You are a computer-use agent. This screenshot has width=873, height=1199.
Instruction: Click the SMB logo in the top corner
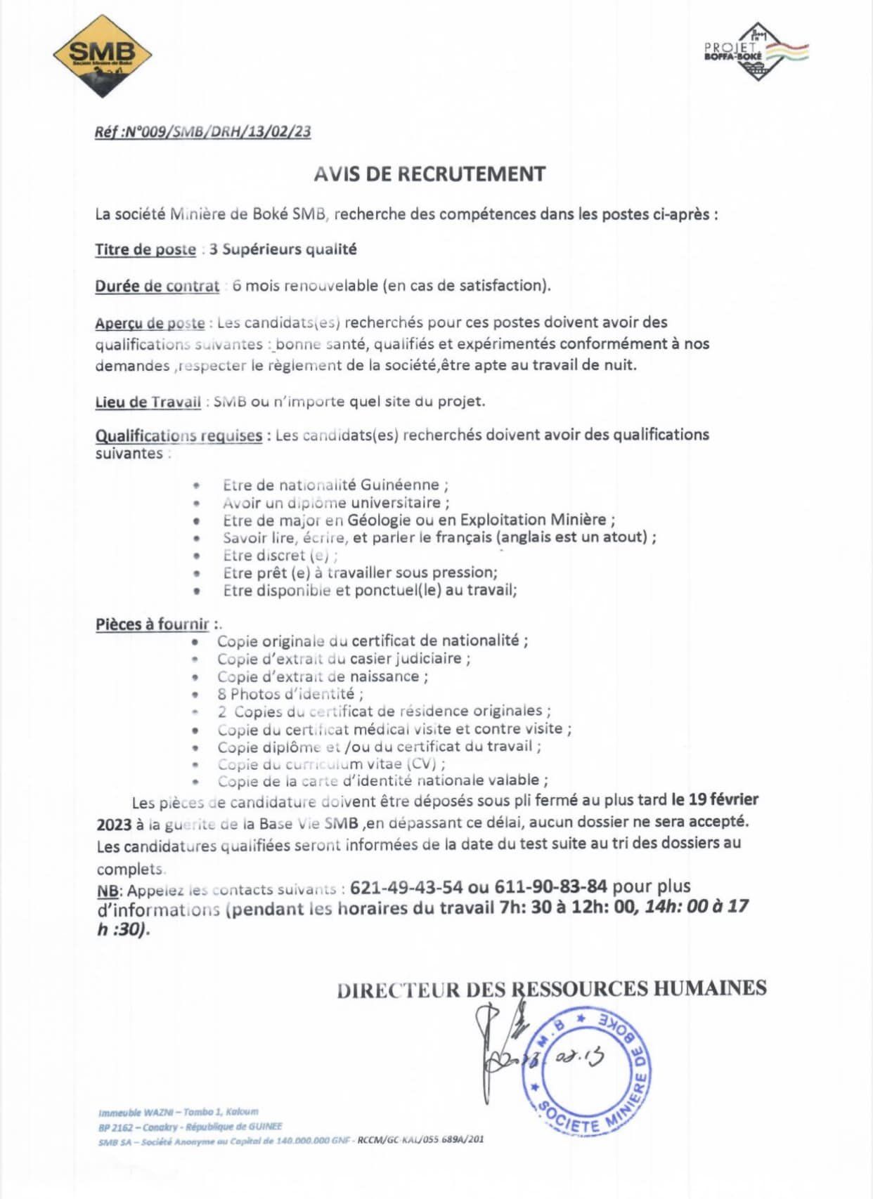click(103, 55)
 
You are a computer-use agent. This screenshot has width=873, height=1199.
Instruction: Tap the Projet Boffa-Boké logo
click(756, 51)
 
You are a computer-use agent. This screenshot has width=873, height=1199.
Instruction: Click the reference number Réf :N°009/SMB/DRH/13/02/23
click(202, 131)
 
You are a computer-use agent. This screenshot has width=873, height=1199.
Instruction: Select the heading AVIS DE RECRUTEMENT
click(429, 174)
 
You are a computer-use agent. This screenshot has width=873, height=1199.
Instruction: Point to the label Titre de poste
click(145, 249)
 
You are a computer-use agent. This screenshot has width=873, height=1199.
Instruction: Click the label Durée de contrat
click(157, 286)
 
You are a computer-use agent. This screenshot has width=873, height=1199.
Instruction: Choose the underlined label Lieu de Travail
click(148, 402)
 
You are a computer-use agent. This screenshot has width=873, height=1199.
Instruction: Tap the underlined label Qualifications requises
click(179, 435)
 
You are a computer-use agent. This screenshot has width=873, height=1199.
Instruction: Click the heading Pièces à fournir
click(153, 624)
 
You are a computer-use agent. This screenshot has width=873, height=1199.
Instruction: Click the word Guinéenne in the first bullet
click(400, 485)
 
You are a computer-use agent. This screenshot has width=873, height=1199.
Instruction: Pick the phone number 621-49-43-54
click(406, 887)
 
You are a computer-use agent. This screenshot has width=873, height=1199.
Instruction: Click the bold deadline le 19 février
click(715, 799)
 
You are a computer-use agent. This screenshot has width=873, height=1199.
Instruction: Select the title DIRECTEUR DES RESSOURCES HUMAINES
click(551, 989)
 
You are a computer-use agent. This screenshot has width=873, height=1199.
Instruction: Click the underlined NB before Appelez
click(108, 891)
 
